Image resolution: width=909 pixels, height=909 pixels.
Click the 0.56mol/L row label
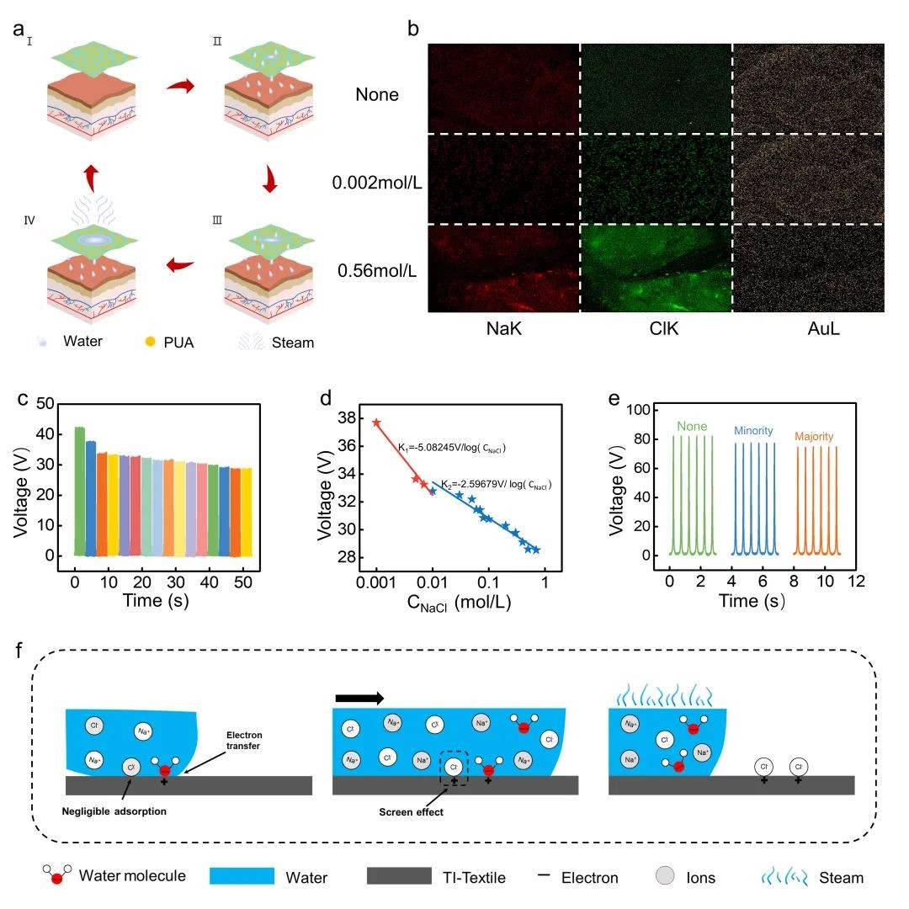[379, 271]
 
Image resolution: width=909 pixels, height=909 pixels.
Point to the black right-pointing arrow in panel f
[359, 697]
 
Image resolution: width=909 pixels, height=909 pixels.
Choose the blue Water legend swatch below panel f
[242, 877]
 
